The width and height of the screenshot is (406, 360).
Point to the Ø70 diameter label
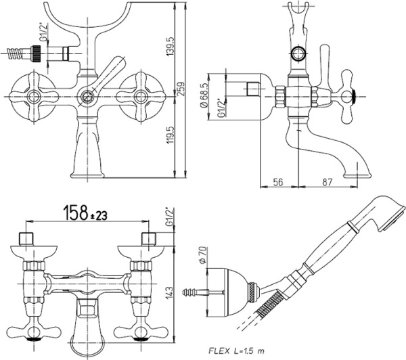tap(201, 258)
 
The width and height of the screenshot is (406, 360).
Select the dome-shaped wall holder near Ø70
tap(226, 292)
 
